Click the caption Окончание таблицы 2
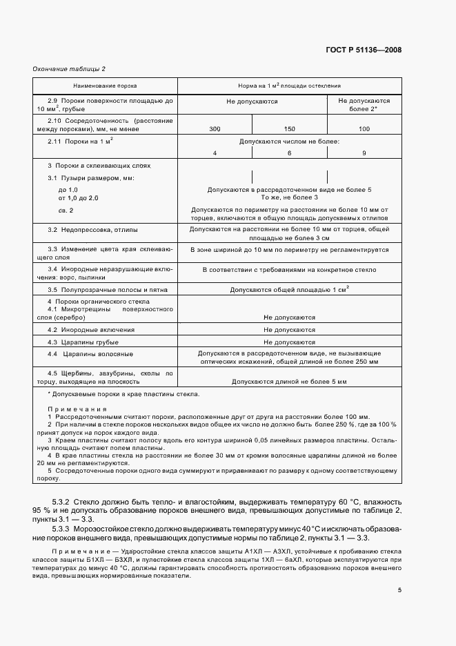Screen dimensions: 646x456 (69, 69)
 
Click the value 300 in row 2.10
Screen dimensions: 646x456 (215, 129)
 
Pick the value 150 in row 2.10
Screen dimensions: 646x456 (290, 129)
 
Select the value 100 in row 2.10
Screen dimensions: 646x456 (364, 129)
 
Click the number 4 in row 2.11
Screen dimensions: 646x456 (215, 153)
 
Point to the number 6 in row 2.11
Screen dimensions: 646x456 (290, 153)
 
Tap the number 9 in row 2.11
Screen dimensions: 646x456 (364, 153)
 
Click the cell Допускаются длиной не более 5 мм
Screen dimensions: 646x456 (289, 381)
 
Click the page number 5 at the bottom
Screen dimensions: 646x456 (399, 590)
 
